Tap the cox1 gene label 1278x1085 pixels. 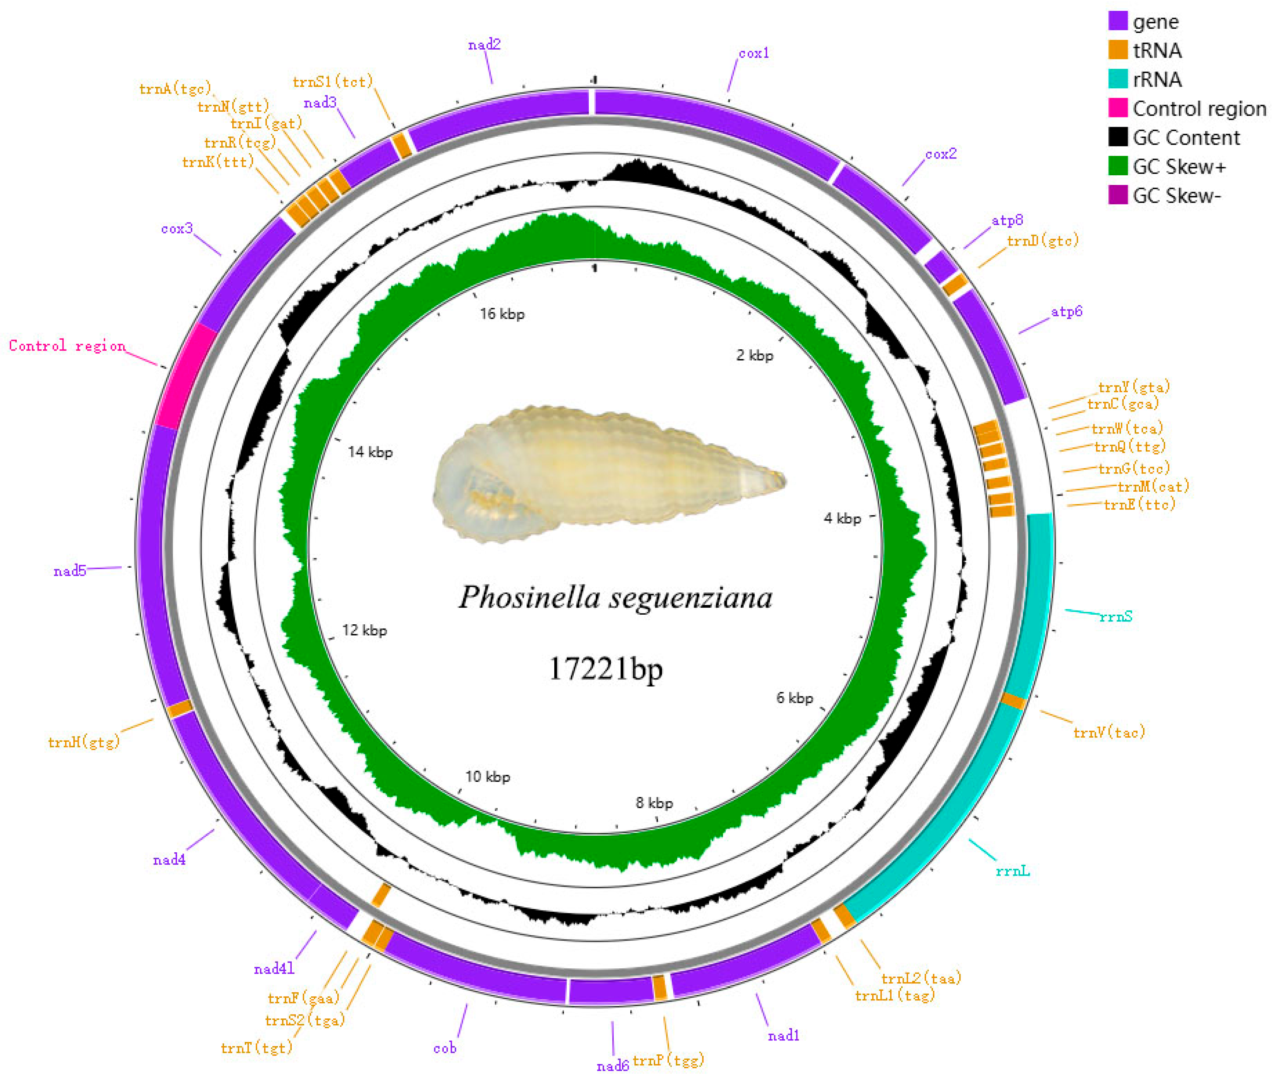coord(754,54)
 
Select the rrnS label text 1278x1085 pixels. coord(1115,616)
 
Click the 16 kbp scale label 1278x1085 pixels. coord(502,314)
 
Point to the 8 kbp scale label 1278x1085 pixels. coord(654,803)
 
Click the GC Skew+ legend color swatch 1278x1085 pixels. coord(1117,166)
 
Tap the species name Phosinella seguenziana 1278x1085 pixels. coord(615,597)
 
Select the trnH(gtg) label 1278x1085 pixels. coord(84,743)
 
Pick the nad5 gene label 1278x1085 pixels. coord(69,572)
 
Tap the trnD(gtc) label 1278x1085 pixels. coord(1042,240)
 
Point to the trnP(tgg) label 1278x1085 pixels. coord(668,1061)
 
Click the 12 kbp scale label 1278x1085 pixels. coord(364,631)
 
